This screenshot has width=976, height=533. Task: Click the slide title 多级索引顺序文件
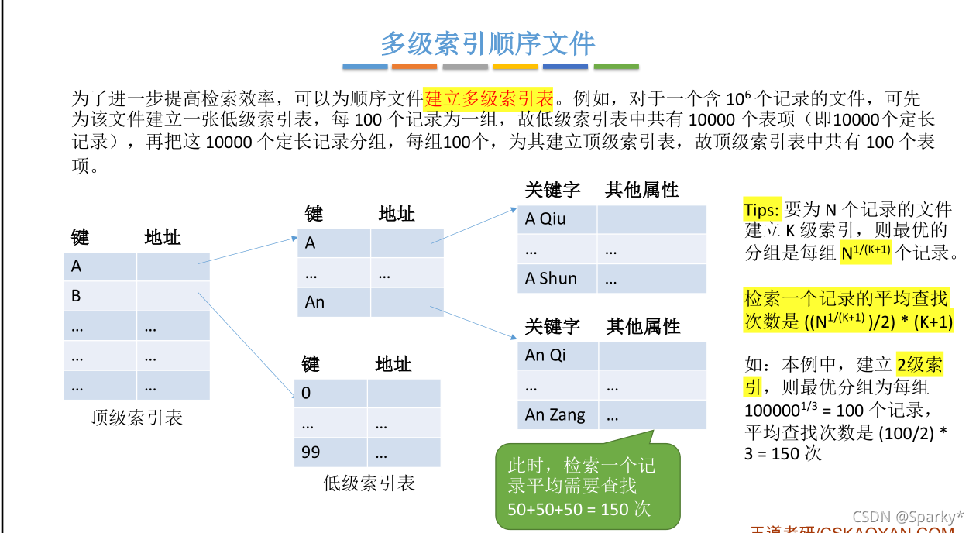[487, 43]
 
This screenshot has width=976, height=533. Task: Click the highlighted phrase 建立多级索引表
[489, 98]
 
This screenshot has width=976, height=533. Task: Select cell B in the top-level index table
[100, 296]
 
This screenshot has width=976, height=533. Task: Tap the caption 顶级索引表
[136, 418]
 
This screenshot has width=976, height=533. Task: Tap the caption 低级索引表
[369, 484]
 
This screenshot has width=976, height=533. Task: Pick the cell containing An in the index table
[334, 302]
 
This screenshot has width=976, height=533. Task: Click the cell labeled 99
[331, 452]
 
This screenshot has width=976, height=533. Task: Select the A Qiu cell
[557, 219]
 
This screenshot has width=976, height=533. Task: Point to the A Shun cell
[557, 279]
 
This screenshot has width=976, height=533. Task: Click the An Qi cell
[557, 355]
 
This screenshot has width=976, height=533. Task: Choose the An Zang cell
[557, 414]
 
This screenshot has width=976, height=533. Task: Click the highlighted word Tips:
[763, 210]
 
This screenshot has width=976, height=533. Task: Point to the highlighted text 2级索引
[919, 365]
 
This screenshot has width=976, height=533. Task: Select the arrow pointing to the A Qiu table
[474, 225]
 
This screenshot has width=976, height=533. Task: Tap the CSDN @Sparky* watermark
[908, 516]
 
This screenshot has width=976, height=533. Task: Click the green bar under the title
[616, 67]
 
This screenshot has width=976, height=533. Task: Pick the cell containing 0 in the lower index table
[331, 393]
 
